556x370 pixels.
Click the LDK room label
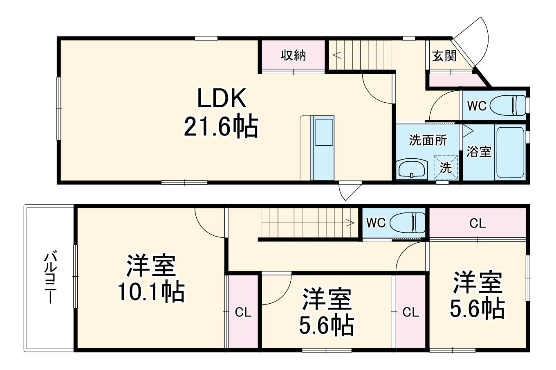pyautogui.click(x=222, y=98)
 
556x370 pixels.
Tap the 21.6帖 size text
pyautogui.click(x=221, y=126)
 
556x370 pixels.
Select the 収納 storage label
pyautogui.click(x=293, y=55)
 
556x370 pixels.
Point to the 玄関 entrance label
pyautogui.click(x=444, y=55)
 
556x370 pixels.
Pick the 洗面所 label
pyautogui.click(x=428, y=140)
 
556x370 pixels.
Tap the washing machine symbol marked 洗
pyautogui.click(x=446, y=167)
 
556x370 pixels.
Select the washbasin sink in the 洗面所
pyautogui.click(x=412, y=169)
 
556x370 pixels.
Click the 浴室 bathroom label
pyautogui.click(x=479, y=152)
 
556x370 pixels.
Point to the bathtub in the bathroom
pyautogui.click(x=509, y=152)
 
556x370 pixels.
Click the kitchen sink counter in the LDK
pyautogui.click(x=322, y=147)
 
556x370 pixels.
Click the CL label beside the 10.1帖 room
pyautogui.click(x=243, y=313)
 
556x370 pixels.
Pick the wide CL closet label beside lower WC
pyautogui.click(x=477, y=223)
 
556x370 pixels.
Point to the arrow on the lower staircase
pyautogui.click(x=350, y=223)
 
